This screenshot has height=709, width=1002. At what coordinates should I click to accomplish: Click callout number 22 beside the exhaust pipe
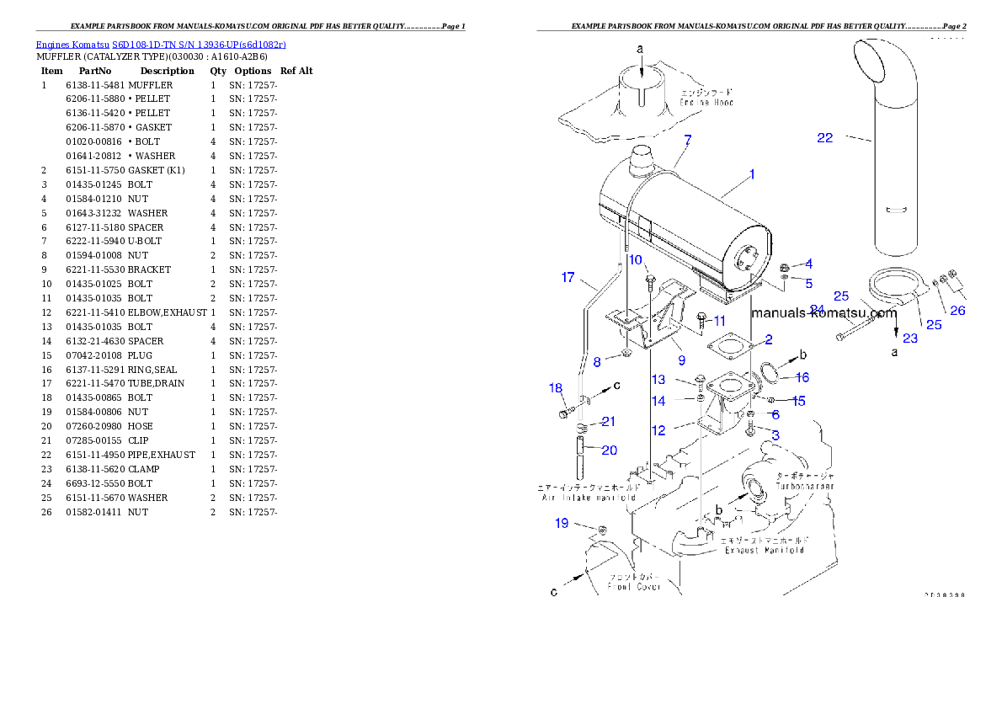[x=824, y=138]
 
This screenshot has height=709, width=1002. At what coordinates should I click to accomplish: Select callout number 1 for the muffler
[x=752, y=174]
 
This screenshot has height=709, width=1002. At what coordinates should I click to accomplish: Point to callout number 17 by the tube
[x=568, y=277]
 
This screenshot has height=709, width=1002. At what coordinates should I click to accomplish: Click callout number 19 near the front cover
[x=562, y=524]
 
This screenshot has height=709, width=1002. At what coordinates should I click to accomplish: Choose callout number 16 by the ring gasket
[x=802, y=377]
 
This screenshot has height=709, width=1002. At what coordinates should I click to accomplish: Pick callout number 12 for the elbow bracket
[x=658, y=430]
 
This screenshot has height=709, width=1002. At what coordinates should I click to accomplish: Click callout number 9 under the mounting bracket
[x=681, y=360]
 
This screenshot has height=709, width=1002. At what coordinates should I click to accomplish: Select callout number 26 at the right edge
[x=957, y=310]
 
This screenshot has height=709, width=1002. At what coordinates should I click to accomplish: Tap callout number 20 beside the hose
[x=609, y=450]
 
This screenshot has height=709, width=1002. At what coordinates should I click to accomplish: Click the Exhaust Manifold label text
[x=765, y=550]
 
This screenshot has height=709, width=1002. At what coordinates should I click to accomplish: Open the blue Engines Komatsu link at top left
[x=161, y=45]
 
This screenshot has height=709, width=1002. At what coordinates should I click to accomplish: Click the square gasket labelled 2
[x=729, y=348]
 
